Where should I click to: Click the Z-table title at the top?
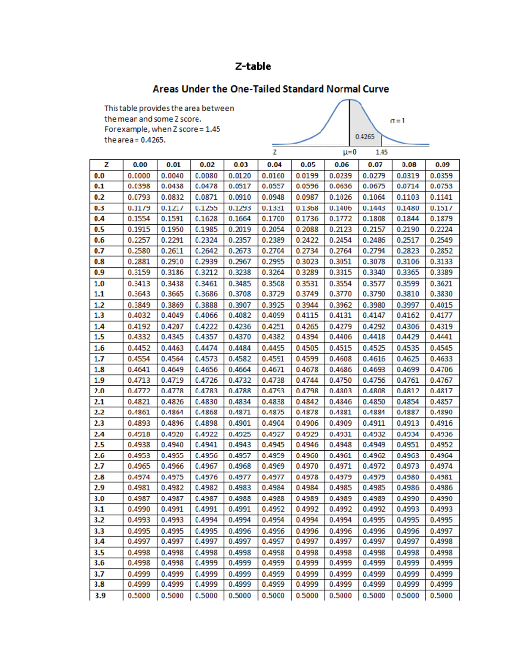click(x=253, y=66)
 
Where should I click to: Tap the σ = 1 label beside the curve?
click(x=397, y=121)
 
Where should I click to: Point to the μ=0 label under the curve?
click(x=349, y=152)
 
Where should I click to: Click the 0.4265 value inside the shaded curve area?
click(x=365, y=136)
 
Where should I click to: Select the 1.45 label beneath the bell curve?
click(x=382, y=152)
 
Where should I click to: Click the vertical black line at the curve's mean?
click(x=349, y=122)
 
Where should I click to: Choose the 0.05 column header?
click(x=308, y=165)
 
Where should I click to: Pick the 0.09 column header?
click(x=442, y=165)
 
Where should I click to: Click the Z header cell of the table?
click(x=106, y=165)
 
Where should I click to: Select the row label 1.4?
click(x=99, y=327)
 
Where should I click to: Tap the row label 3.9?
click(x=100, y=596)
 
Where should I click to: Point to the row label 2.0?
click(x=99, y=391)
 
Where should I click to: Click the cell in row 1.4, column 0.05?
click(x=307, y=327)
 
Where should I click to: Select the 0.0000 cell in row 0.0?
click(x=139, y=176)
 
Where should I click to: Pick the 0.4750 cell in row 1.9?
click(x=341, y=380)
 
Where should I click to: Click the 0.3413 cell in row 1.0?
click(x=139, y=283)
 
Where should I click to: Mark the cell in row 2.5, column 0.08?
click(x=408, y=445)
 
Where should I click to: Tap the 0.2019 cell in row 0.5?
click(x=240, y=229)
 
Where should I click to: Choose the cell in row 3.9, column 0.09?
click(x=442, y=596)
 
